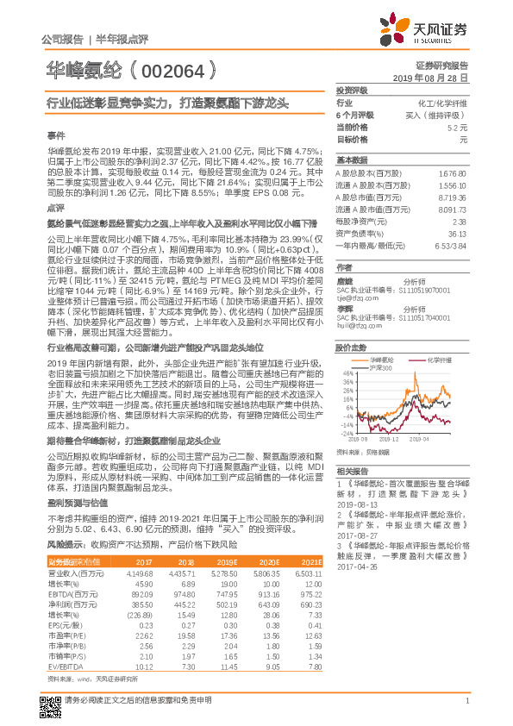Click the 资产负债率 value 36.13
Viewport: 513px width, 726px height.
click(456, 233)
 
